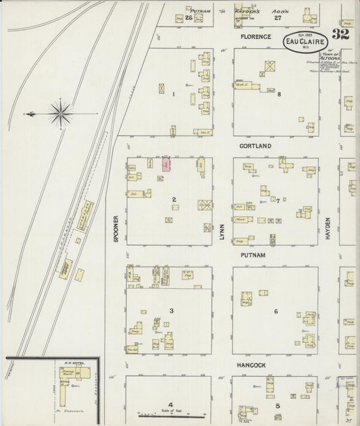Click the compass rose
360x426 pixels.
[x=60, y=113]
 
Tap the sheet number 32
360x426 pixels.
[x=340, y=35]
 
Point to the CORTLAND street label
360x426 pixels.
[x=255, y=146]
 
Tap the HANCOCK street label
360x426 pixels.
[x=255, y=364]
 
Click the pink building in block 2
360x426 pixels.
[x=166, y=164]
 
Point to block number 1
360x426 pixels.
[x=173, y=94]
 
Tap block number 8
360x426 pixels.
[x=279, y=94]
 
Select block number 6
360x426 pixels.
[x=276, y=311]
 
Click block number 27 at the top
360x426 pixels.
[x=277, y=18]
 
